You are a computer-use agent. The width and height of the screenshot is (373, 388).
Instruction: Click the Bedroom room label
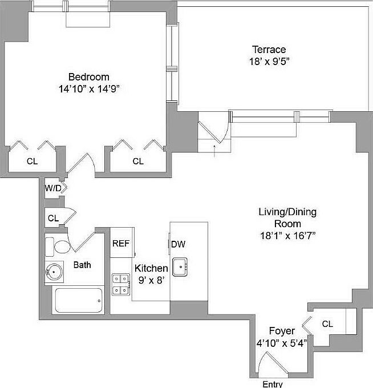coord(88,76)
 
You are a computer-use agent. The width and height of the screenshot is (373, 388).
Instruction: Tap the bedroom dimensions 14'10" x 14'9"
coord(88,88)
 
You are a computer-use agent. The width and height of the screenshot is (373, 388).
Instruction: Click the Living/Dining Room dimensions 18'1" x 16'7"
coord(287,235)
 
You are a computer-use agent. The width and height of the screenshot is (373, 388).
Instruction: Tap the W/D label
coord(53,187)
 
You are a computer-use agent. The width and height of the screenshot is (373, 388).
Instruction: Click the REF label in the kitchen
coord(120,243)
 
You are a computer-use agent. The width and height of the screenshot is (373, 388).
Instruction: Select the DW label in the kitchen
coord(179,244)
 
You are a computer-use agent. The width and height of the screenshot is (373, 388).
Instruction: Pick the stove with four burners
coord(120,284)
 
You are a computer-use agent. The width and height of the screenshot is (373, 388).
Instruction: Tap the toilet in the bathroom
coord(57,246)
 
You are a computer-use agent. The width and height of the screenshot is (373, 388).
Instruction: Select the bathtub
coord(79,300)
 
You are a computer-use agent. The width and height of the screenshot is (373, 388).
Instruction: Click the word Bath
coord(82,265)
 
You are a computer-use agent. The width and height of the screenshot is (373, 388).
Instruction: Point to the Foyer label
coord(282,331)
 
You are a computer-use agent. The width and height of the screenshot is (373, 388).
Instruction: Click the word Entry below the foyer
coord(272,383)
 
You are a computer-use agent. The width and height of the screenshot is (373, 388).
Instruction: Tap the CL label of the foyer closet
coord(327,324)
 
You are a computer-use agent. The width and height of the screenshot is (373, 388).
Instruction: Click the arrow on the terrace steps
coord(214,149)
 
